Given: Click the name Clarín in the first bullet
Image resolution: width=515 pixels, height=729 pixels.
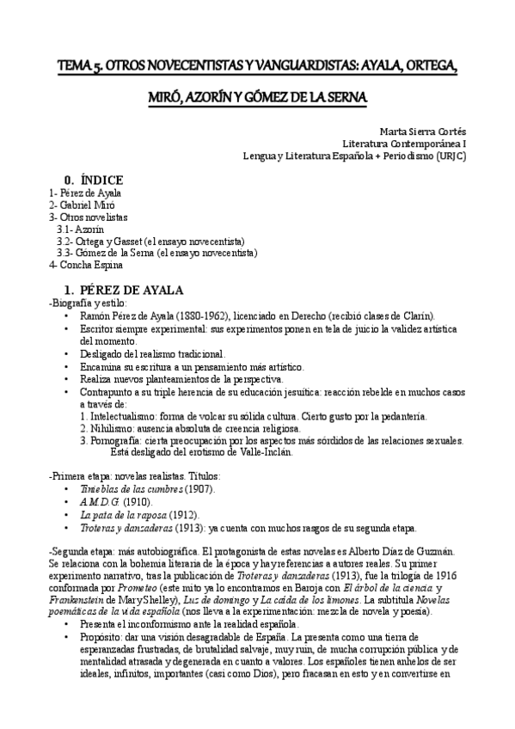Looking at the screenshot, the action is pyautogui.click(x=415, y=316).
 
